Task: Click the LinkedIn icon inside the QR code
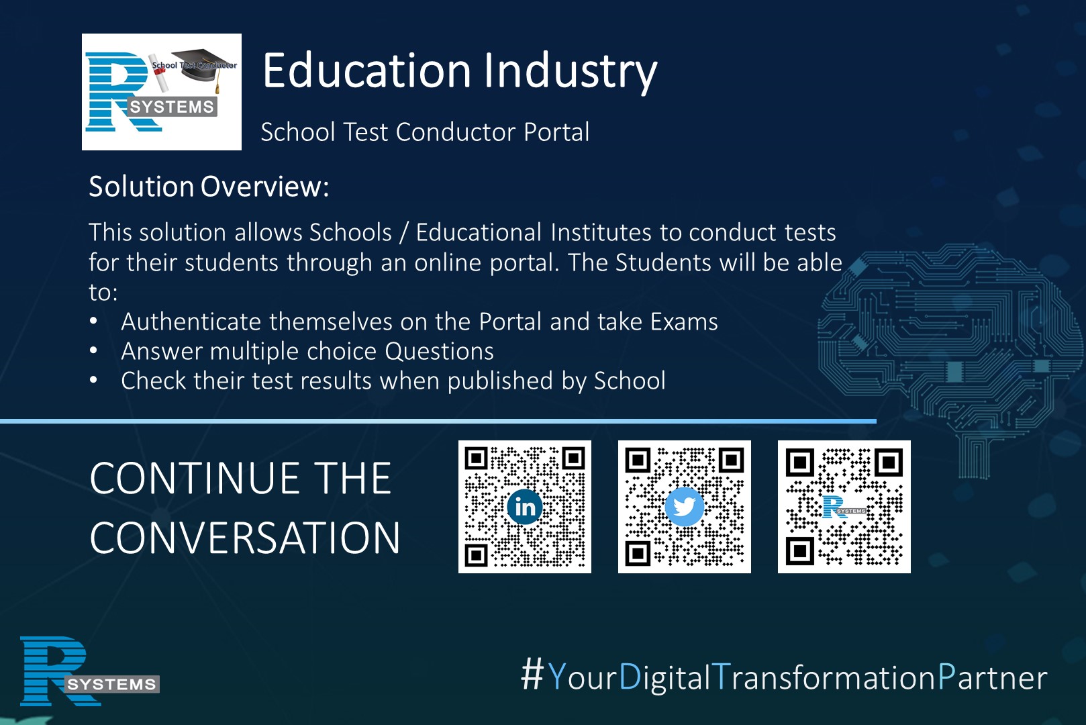click(x=525, y=507)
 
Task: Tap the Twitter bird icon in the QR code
click(x=684, y=507)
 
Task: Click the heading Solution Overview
click(x=209, y=186)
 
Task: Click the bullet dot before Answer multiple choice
click(x=93, y=350)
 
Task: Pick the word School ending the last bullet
click(x=630, y=381)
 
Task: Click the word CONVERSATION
click(x=245, y=538)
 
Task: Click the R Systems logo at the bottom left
click(x=90, y=671)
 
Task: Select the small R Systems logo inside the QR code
click(x=844, y=507)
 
